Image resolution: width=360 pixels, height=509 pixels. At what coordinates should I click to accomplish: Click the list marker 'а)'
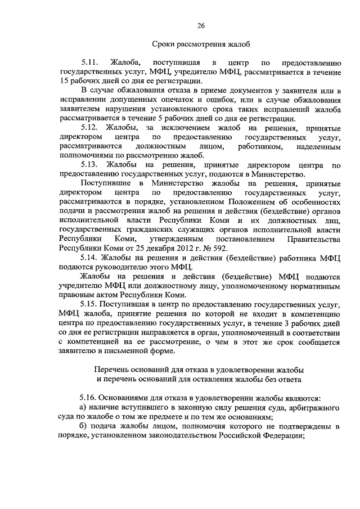(x=84, y=407)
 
